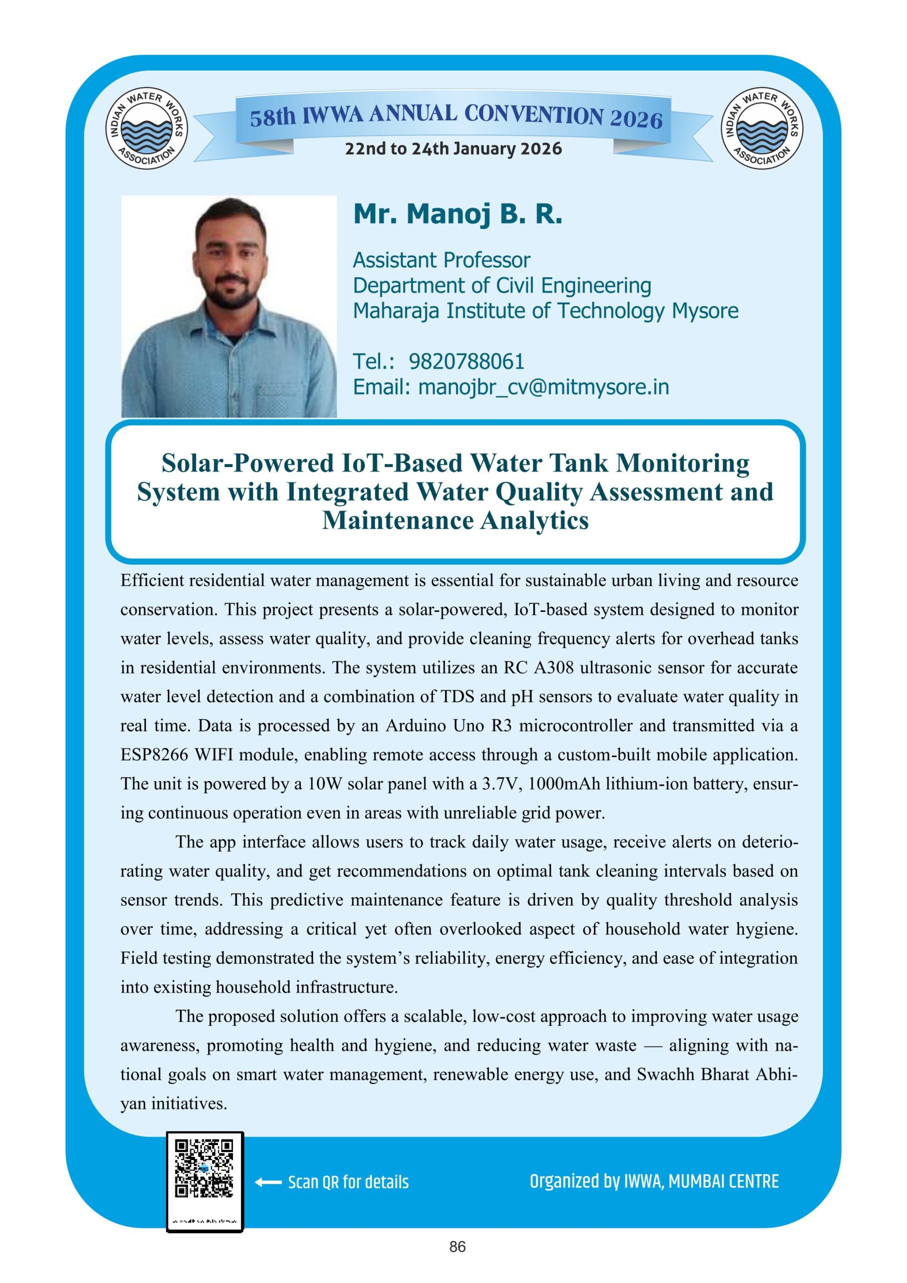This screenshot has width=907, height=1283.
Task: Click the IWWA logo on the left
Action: pos(146,130)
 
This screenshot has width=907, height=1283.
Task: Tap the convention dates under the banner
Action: pos(453,149)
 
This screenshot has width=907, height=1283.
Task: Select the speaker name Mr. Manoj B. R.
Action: pos(457,215)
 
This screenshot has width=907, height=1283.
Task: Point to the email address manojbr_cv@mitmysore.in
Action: pos(543,387)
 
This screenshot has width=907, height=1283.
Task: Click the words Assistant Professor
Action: pos(441,261)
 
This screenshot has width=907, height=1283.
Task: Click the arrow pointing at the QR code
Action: pos(268,1182)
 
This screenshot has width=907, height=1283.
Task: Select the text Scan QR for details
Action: pos(348,1182)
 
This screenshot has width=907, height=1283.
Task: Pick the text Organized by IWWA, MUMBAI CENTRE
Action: pos(654,1181)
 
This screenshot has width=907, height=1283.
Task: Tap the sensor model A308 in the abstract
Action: pos(554,668)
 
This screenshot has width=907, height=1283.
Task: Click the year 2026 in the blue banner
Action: pos(636,119)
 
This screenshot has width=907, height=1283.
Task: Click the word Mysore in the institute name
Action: pos(705,311)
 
